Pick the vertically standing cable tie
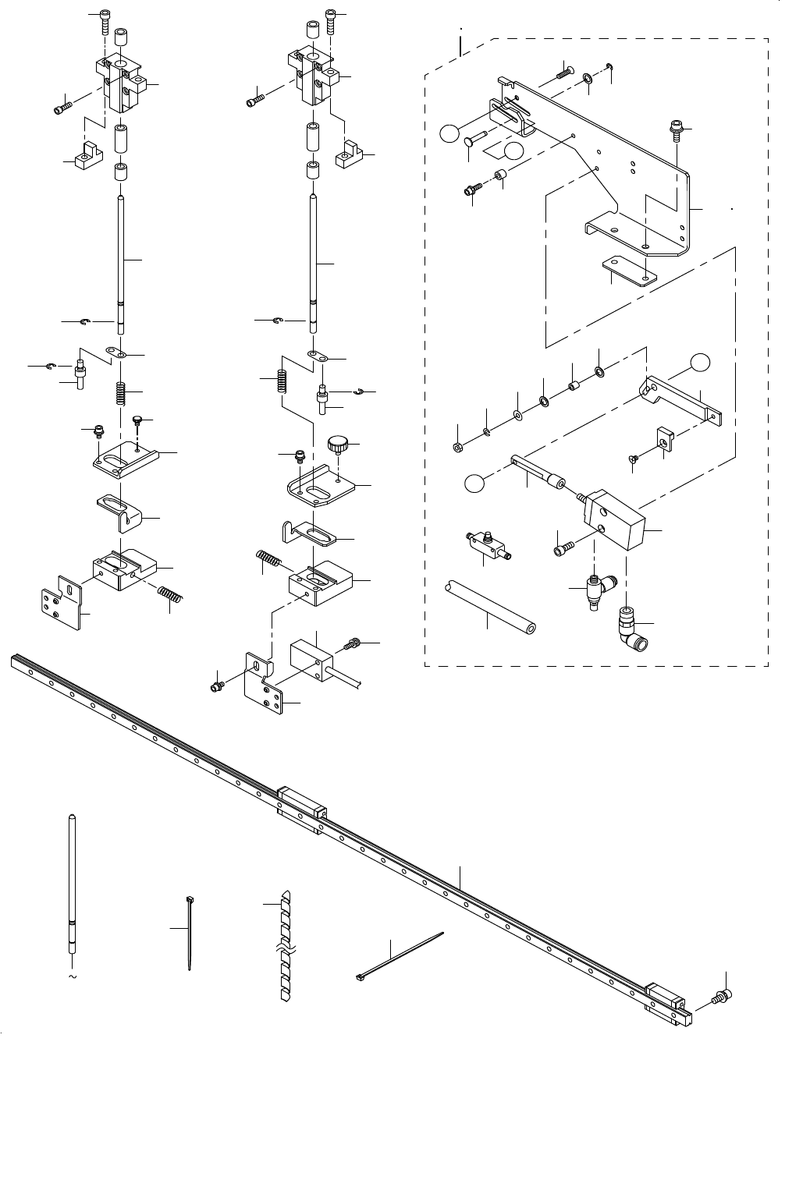tap(190, 933)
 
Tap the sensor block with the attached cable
tap(311, 660)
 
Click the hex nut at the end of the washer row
tap(457, 447)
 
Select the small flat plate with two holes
tap(629, 272)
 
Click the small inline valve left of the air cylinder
tap(487, 544)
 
